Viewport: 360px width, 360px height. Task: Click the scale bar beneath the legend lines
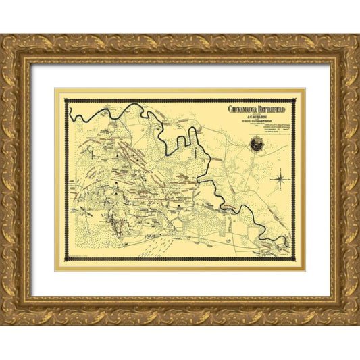click(x=276, y=133)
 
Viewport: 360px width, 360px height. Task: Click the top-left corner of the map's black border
click(x=66, y=101)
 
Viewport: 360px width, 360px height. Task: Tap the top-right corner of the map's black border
click(x=294, y=101)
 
